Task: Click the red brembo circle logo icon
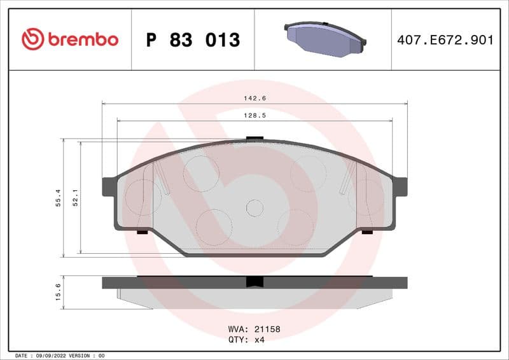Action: click(33, 39)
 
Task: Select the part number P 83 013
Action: click(193, 40)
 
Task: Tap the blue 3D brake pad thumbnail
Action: click(324, 39)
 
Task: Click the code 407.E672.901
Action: click(445, 40)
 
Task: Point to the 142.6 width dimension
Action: click(254, 98)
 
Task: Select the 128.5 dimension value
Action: click(254, 116)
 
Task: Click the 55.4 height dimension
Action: click(58, 198)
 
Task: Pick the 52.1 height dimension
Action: click(75, 198)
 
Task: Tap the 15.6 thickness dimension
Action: click(58, 293)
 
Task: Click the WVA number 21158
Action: click(267, 330)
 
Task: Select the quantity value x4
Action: click(259, 340)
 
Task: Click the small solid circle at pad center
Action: click(254, 208)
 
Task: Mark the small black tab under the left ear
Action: click(142, 232)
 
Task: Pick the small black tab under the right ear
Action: click(367, 232)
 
